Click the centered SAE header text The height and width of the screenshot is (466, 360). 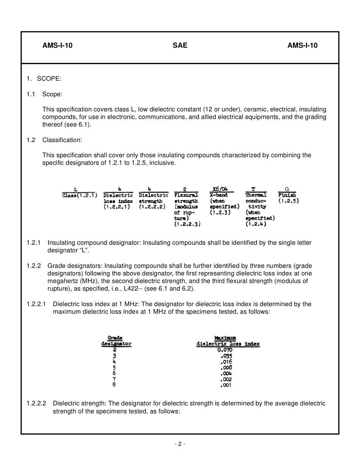click(x=180, y=46)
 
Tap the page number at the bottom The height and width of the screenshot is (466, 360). click(x=180, y=444)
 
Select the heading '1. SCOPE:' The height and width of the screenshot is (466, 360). click(x=44, y=78)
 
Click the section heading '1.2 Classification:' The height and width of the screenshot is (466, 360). click(x=55, y=140)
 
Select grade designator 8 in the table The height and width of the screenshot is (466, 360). click(x=114, y=385)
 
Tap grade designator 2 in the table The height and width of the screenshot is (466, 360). click(x=114, y=350)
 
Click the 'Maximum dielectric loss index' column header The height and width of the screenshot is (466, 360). click(x=227, y=341)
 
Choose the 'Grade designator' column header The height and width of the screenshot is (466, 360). click(x=116, y=341)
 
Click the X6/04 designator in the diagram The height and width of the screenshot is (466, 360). click(x=221, y=189)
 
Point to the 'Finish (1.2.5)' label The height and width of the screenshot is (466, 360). click(x=288, y=198)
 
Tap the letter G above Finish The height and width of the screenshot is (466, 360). click(x=287, y=189)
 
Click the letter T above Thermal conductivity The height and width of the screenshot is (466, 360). click(x=253, y=189)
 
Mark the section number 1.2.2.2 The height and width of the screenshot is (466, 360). click(x=36, y=403)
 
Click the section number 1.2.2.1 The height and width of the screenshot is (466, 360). click(x=36, y=304)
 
